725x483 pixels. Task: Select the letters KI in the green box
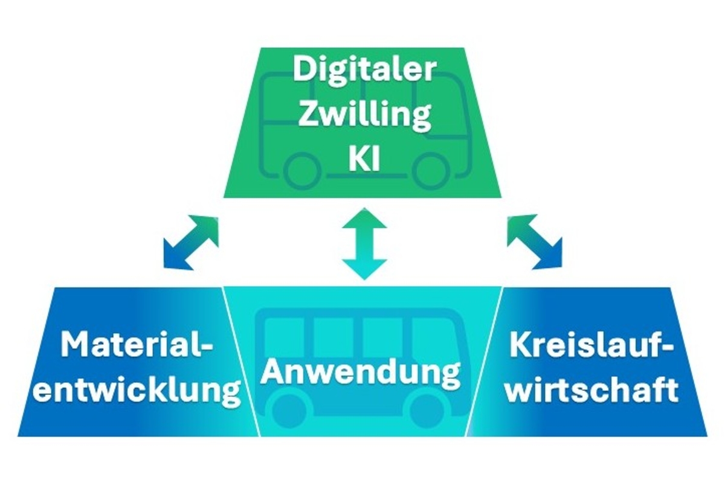tap(364, 159)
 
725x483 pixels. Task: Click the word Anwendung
tap(361, 373)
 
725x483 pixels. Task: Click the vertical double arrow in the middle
tap(365, 244)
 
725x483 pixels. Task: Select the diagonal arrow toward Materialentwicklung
tap(191, 242)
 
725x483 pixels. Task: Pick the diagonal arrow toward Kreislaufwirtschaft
tap(535, 242)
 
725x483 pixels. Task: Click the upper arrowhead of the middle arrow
tap(365, 219)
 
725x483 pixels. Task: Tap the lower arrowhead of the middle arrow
tap(365, 269)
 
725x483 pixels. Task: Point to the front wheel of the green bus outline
tap(430, 170)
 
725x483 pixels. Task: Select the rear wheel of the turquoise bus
tap(289, 411)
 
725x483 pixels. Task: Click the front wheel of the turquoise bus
tap(427, 411)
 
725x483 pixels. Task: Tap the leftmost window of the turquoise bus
tap(285, 336)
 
